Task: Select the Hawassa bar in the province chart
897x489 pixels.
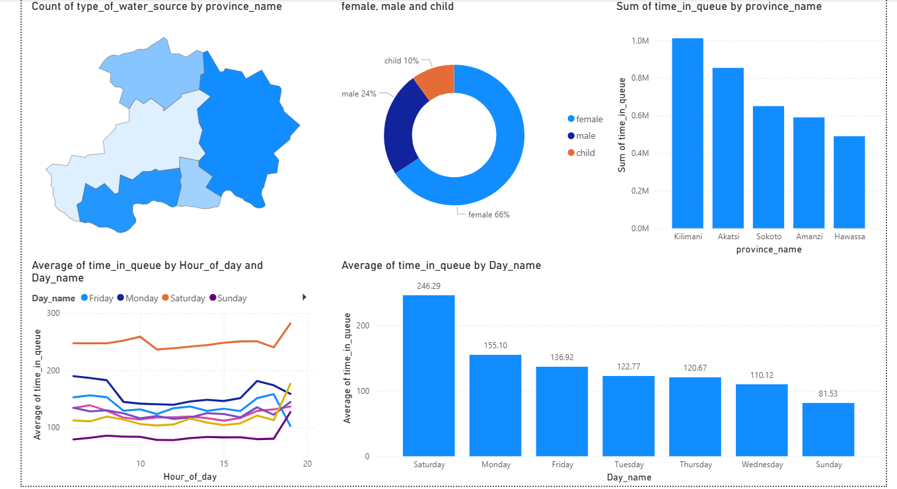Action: pyautogui.click(x=849, y=182)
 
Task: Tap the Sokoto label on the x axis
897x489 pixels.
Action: pyautogui.click(x=768, y=236)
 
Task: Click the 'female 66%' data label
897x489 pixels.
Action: pyautogui.click(x=489, y=215)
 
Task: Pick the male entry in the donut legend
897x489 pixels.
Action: pyautogui.click(x=585, y=136)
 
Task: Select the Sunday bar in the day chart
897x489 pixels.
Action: pyautogui.click(x=828, y=430)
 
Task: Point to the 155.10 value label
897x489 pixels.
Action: pyautogui.click(x=496, y=346)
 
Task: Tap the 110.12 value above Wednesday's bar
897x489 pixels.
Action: pyautogui.click(x=761, y=375)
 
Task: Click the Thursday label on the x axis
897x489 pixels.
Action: pyautogui.click(x=695, y=465)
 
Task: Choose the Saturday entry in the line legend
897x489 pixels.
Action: pyautogui.click(x=188, y=299)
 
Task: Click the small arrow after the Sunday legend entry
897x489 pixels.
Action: pyautogui.click(x=304, y=297)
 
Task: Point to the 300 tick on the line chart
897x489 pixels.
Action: pyautogui.click(x=53, y=314)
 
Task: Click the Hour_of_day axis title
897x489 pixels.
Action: pyautogui.click(x=190, y=476)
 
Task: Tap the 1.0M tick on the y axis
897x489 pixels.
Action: pyautogui.click(x=640, y=41)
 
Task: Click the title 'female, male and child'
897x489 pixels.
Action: pyautogui.click(x=397, y=7)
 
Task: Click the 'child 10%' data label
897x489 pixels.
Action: pyautogui.click(x=402, y=61)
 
